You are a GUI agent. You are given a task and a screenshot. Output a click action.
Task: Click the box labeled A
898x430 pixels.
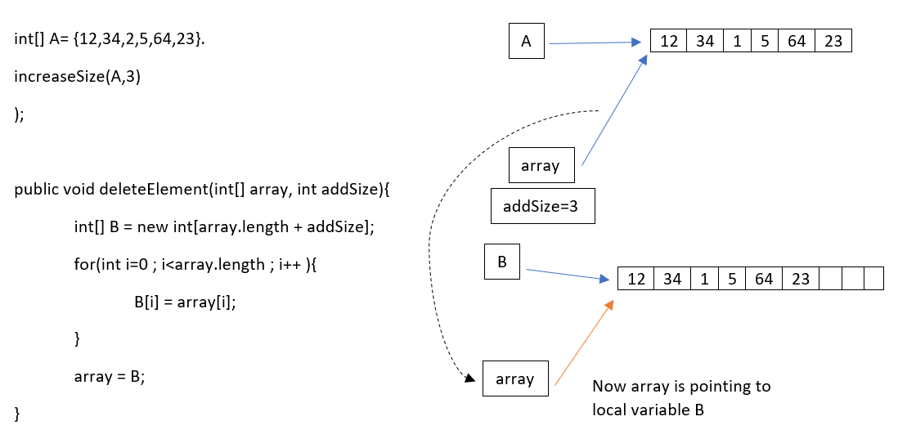pyautogui.click(x=527, y=43)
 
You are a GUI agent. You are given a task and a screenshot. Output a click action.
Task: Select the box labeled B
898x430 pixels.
pyautogui.click(x=501, y=262)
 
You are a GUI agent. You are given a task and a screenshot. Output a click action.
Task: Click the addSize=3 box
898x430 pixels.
pyautogui.click(x=542, y=206)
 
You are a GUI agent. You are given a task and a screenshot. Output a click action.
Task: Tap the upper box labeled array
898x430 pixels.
pyautogui.click(x=540, y=165)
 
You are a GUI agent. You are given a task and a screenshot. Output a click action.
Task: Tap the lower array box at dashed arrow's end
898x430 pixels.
pyautogui.click(x=515, y=378)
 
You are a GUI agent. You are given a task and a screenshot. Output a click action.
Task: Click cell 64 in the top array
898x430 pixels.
pyautogui.click(x=797, y=42)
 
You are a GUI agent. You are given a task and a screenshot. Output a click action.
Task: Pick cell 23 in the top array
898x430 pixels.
pyautogui.click(x=833, y=42)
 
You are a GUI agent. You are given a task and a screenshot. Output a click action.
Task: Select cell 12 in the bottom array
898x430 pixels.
pyautogui.click(x=635, y=280)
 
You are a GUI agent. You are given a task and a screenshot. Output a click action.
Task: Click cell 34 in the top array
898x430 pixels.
pyautogui.click(x=704, y=42)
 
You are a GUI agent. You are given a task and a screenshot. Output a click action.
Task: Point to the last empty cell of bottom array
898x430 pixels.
pyautogui.click(x=873, y=280)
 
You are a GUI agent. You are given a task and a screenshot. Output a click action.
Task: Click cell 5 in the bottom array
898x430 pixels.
pyautogui.click(x=732, y=280)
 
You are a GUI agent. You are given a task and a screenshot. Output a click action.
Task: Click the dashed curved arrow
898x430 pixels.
pyautogui.click(x=431, y=245)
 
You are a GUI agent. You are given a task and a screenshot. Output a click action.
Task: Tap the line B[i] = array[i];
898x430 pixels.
pyautogui.click(x=190, y=302)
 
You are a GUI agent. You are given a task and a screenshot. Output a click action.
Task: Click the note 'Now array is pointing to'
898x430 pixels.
pyautogui.click(x=681, y=387)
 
